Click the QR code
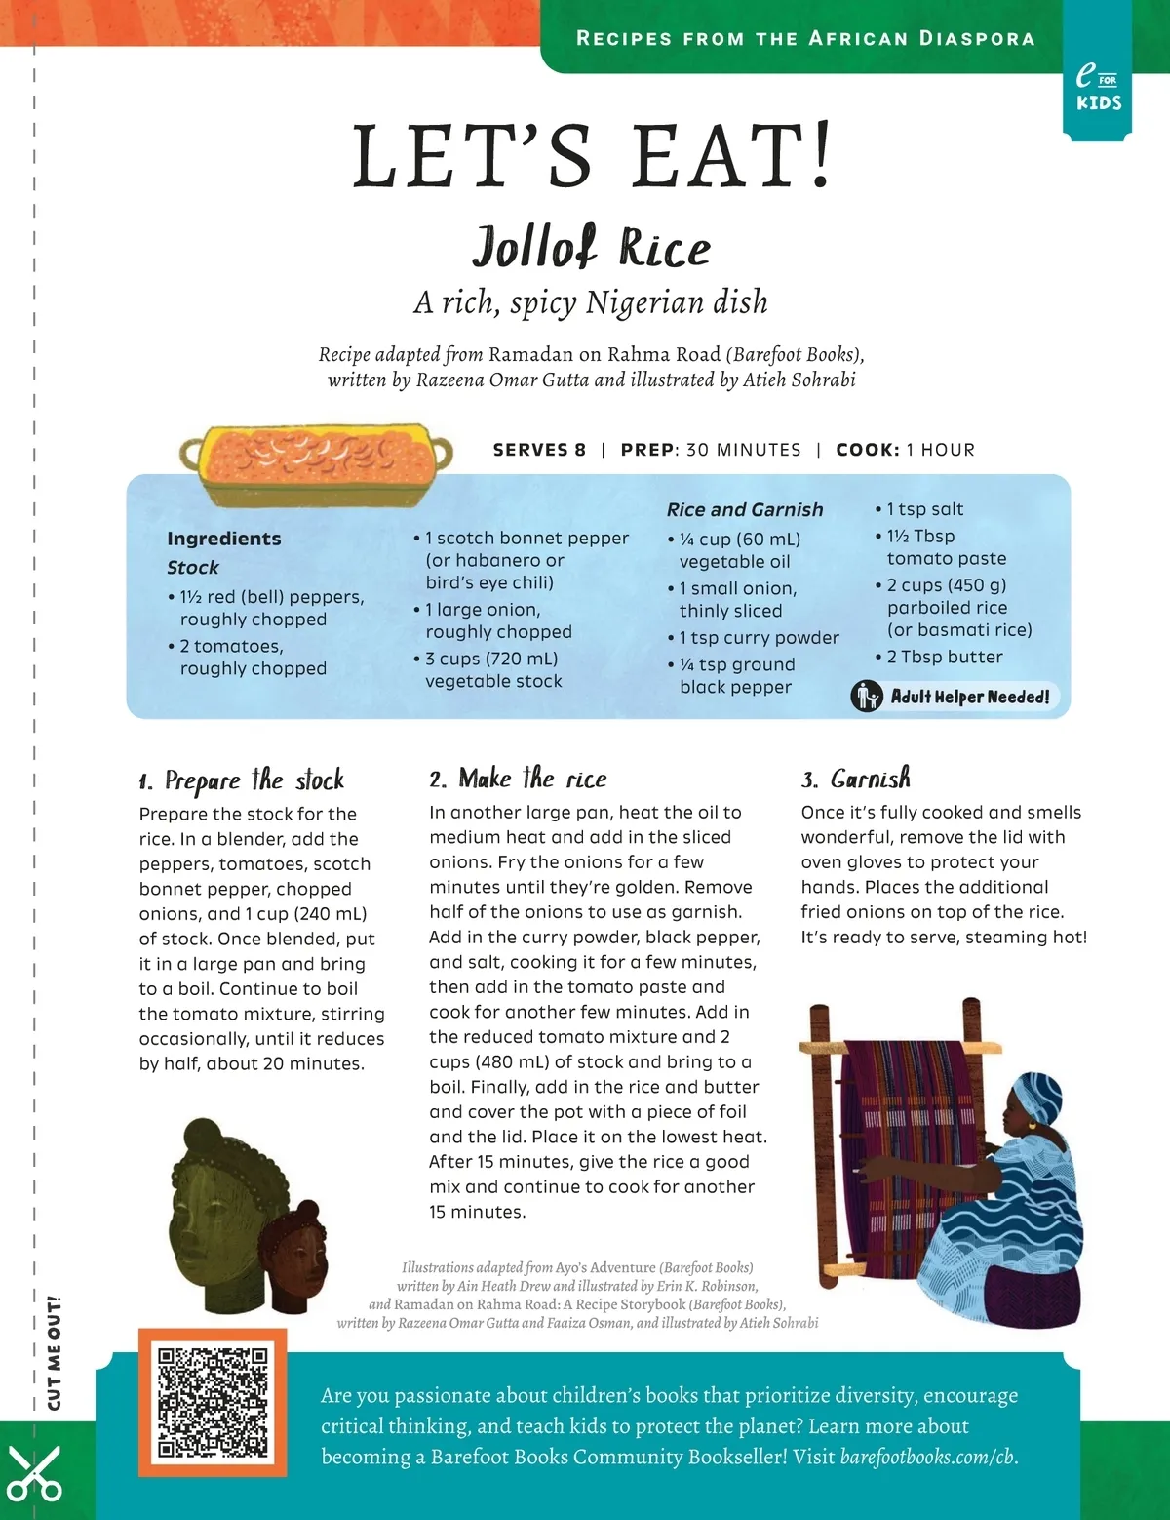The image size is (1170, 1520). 213,1402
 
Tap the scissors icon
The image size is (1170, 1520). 34,1473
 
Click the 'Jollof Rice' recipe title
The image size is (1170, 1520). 592,247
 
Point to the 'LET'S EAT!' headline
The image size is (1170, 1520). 592,156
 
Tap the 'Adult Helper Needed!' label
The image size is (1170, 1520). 969,697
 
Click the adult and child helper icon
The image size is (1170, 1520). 866,697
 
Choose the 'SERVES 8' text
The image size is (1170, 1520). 539,450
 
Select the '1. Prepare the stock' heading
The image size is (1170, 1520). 241,780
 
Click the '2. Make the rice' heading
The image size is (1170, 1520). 518,779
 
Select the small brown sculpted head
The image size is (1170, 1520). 294,1259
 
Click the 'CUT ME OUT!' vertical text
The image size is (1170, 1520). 55,1352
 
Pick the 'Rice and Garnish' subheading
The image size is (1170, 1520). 745,509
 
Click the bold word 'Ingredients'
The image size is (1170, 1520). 223,539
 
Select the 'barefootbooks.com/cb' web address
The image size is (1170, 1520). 927,1457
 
